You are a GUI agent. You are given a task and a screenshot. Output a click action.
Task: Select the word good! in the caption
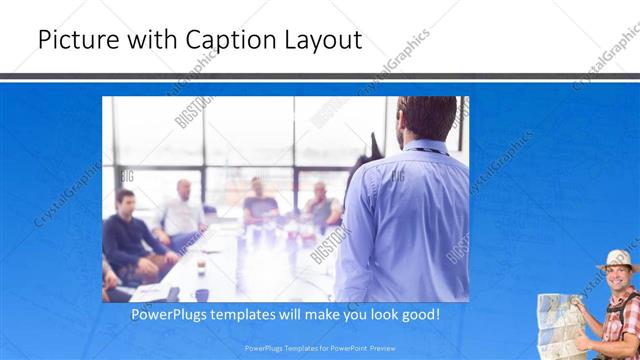point(417,315)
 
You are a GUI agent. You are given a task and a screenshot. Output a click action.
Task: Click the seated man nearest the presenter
point(321,205)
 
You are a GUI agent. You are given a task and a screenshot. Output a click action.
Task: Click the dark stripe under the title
point(320,76)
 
